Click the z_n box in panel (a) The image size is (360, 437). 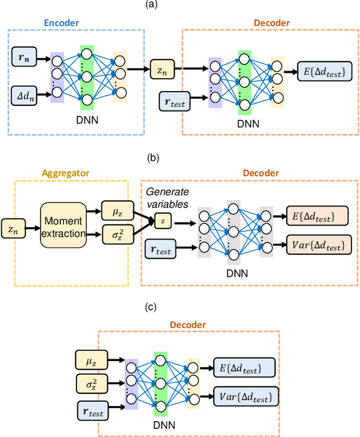click(x=162, y=71)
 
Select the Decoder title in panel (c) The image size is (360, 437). click(x=187, y=325)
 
